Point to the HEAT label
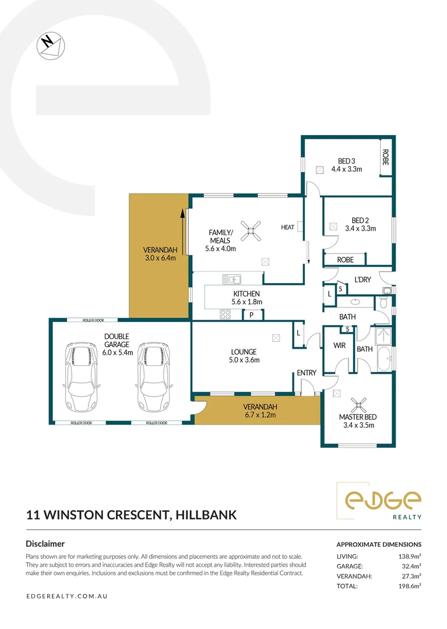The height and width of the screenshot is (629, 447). tap(287, 227)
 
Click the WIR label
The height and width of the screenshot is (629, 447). tap(339, 346)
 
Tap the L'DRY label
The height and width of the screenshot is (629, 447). tap(362, 280)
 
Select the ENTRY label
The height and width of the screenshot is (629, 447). tap(306, 373)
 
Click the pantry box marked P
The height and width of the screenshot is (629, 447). tap(251, 315)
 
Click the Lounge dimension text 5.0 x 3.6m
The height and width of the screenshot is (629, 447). tap(243, 360)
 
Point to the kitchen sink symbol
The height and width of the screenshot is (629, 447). tap(231, 278)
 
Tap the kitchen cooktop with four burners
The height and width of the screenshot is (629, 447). tap(224, 314)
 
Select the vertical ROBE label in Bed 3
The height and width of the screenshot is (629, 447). tap(385, 158)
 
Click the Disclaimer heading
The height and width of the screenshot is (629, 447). tap(45, 543)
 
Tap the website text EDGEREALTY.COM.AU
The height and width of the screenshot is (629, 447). tap(67, 596)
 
